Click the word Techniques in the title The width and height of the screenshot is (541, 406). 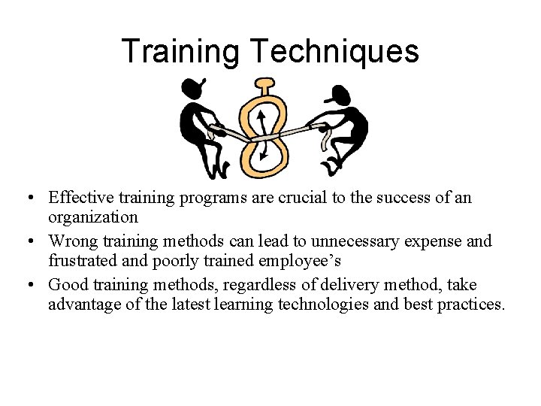tap(335, 52)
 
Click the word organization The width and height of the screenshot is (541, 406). tap(93, 217)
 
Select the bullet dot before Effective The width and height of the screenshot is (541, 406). tap(27, 198)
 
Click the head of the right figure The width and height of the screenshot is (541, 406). tap(340, 95)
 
